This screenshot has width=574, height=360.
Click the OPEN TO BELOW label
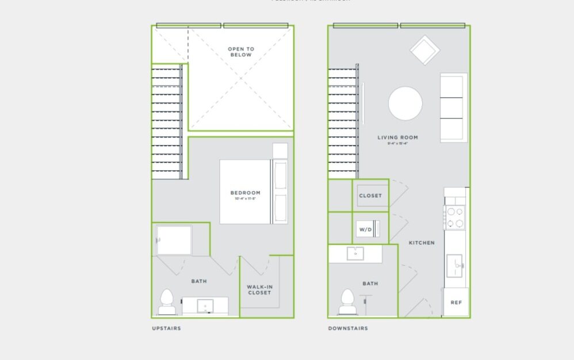241,52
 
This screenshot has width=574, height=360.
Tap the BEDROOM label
246,193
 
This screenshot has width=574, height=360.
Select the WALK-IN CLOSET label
259,289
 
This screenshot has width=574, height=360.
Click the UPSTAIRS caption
166,328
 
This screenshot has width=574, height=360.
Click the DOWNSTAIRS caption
348,328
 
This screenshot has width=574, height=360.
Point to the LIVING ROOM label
397,137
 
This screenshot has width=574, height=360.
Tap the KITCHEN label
422,243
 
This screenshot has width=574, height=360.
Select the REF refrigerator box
456,302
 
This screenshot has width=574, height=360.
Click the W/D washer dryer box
366,229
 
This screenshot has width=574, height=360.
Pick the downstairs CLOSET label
370,196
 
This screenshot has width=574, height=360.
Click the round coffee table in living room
405,104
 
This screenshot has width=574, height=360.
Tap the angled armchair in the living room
424,51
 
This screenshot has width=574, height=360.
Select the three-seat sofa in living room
453,108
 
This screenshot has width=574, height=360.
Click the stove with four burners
454,217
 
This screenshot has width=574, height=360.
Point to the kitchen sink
455,266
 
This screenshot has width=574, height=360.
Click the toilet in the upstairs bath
167,302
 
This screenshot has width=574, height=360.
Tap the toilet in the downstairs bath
347,302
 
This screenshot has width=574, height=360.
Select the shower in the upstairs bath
174,240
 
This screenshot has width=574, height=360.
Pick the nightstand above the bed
280,151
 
